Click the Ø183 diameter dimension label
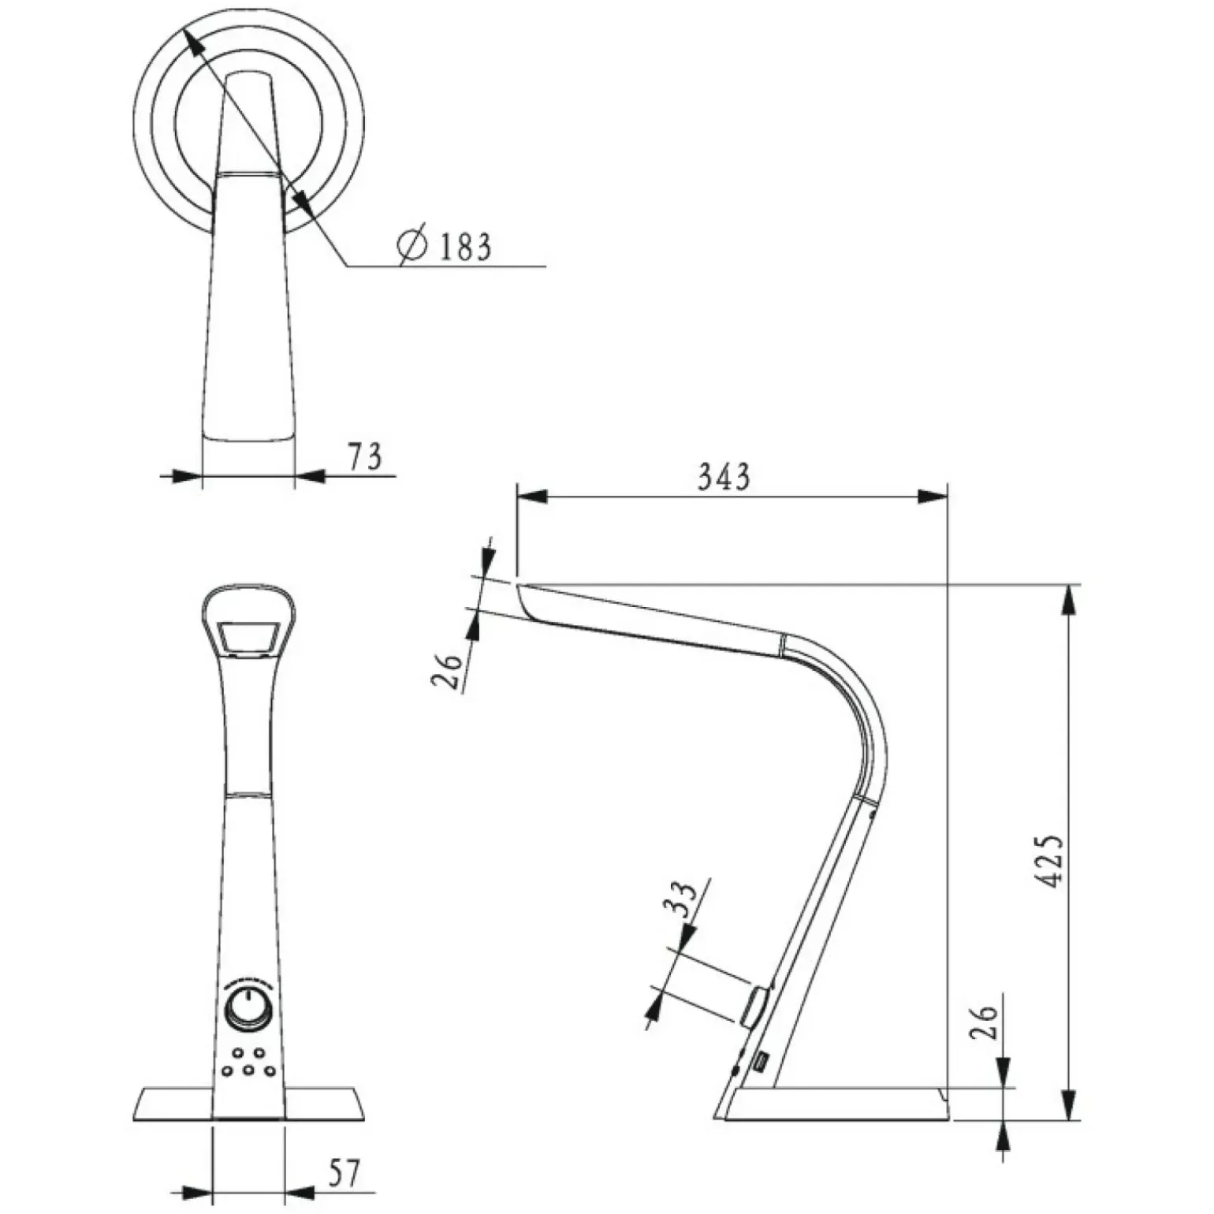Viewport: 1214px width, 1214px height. [445, 246]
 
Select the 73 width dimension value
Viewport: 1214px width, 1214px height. [365, 457]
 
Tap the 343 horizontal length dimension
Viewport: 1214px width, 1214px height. [724, 476]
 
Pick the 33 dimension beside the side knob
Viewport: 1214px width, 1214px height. [683, 899]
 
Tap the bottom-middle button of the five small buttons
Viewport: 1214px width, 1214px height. [248, 1071]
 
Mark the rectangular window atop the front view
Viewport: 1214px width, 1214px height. [248, 638]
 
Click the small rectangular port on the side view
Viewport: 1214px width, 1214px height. [762, 1064]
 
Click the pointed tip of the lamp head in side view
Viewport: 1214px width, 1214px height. [518, 584]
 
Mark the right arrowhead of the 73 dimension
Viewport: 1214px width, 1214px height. [310, 475]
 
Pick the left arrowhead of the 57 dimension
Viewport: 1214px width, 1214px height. [197, 1191]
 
